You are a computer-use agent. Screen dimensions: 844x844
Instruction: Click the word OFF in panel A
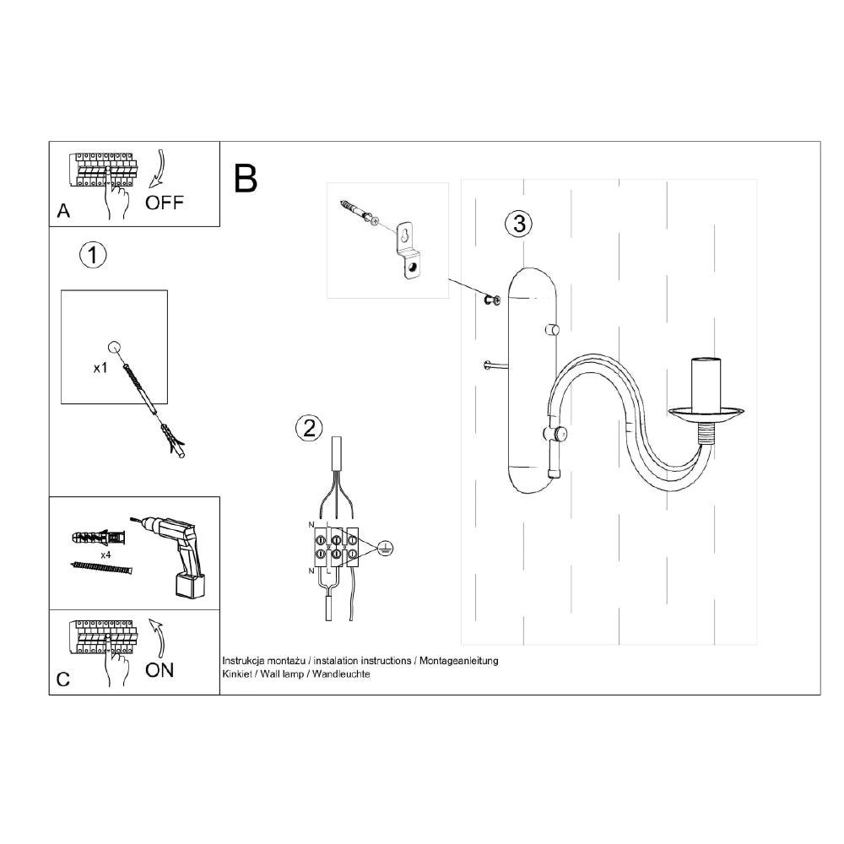165,203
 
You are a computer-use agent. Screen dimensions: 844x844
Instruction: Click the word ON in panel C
160,670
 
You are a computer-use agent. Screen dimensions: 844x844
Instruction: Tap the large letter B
246,178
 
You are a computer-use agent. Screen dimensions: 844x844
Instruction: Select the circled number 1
93,255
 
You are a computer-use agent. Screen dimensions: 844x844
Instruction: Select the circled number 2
309,429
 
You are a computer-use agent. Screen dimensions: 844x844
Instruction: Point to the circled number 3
519,224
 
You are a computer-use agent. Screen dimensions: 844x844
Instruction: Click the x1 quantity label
100,368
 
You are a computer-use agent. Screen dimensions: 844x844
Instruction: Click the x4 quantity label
105,555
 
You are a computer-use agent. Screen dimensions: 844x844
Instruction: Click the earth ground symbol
386,549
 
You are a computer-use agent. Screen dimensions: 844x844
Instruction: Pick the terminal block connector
337,546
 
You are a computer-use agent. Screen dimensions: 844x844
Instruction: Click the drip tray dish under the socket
706,414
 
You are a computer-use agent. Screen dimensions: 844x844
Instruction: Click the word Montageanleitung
459,661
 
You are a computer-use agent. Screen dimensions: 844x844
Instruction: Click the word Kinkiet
237,674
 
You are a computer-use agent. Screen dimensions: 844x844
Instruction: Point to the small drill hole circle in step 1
114,347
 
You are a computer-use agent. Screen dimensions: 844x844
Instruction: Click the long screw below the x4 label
101,567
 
